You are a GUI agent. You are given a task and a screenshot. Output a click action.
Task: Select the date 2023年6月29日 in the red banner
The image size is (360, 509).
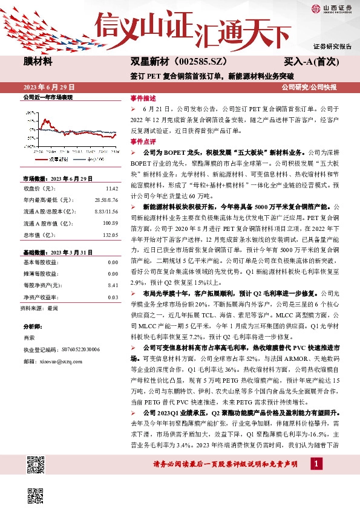[48, 88]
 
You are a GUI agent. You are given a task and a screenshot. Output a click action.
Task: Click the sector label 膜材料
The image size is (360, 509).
[38, 61]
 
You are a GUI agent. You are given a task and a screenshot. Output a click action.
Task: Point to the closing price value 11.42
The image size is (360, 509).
[112, 188]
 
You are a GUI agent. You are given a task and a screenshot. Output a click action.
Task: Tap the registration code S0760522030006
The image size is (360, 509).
[79, 349]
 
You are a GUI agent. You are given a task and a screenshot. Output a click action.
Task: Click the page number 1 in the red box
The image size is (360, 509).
[316, 464]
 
